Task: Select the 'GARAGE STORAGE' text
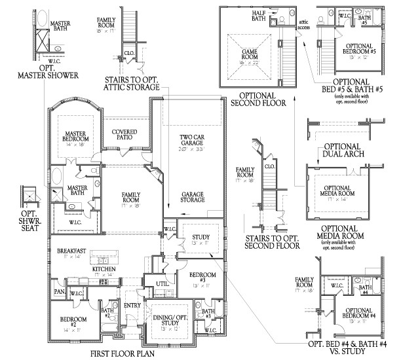coord(195,198)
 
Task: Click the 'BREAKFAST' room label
coord(69,251)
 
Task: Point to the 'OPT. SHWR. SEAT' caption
coord(28,221)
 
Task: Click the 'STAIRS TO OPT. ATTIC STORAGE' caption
coord(131,82)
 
